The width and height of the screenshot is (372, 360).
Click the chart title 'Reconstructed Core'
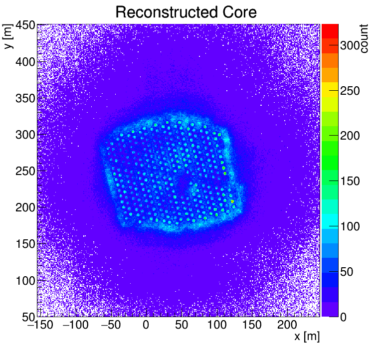coord(186,12)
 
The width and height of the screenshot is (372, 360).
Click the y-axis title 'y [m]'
coord(8,37)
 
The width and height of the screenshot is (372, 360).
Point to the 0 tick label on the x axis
coord(146,325)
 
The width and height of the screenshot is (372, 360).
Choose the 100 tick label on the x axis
coord(216,325)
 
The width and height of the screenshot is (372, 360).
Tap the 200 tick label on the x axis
coord(287,325)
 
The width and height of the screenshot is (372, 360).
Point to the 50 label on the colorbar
coord(350,272)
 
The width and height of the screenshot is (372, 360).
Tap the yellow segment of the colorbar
coord(330,89)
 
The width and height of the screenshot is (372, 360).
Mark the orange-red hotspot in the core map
coord(232,201)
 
